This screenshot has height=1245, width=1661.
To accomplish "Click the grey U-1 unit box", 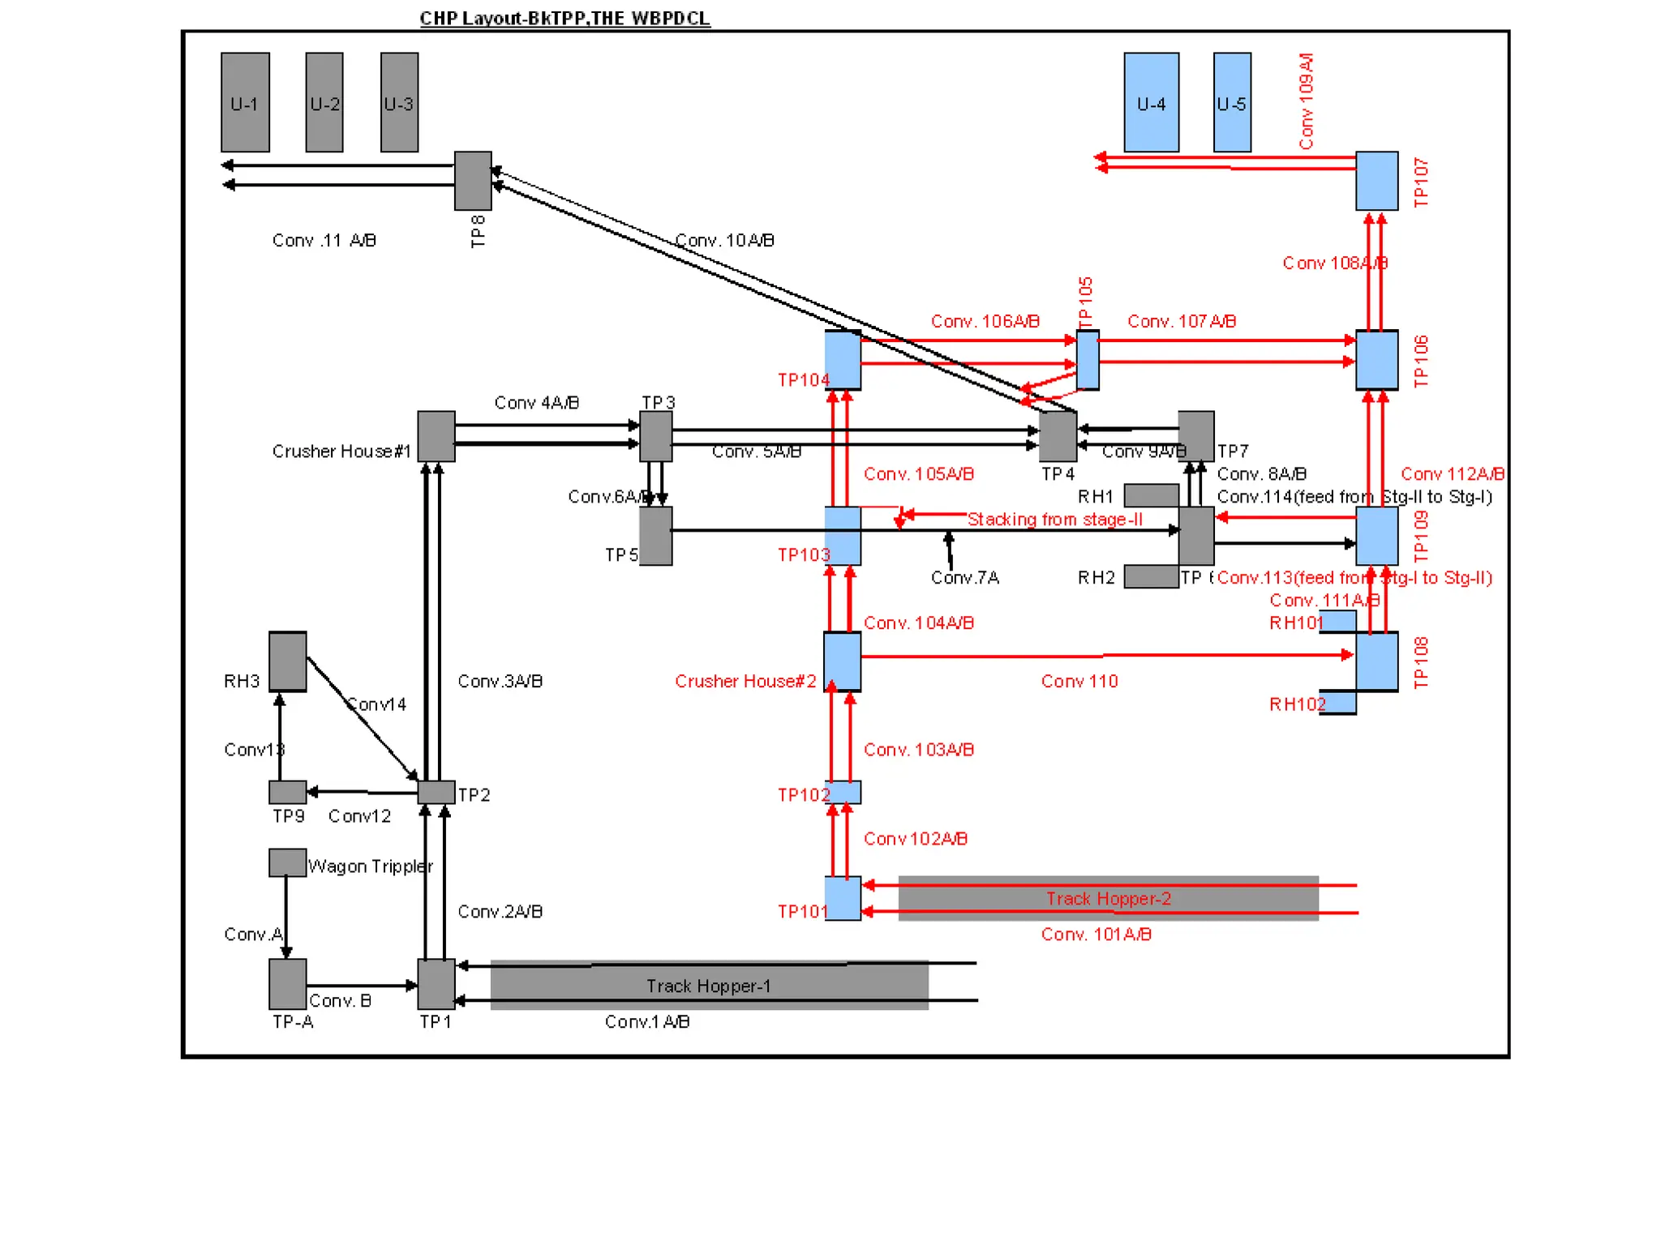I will coord(245,102).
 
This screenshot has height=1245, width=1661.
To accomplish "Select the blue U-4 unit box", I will coord(1151,102).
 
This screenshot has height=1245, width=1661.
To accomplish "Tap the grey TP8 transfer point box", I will coord(473,180).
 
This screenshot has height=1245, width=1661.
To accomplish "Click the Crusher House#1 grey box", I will coord(436,436).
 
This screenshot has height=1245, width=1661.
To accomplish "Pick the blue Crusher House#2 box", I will coord(842,661).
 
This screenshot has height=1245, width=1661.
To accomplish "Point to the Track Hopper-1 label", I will coord(708,986).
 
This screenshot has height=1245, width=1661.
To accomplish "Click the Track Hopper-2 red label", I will coord(1108,898).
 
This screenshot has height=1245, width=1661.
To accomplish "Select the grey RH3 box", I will coord(288,661).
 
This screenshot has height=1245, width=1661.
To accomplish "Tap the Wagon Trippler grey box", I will coord(287,862).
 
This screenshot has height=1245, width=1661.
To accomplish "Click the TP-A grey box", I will coord(287,983).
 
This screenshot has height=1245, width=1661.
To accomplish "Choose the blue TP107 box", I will coord(1376,180).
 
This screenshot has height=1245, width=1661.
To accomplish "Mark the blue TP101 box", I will coord(843,898).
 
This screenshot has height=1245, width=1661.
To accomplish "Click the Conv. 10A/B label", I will coord(724,241).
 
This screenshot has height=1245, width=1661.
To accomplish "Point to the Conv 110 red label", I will coord(1079,681).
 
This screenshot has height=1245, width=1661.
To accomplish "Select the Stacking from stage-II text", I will coord(1054,519).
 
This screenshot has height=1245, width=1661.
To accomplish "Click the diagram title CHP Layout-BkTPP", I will coord(564,18).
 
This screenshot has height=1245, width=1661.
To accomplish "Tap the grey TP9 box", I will coord(287,791).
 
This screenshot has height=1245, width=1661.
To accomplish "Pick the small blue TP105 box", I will coord(1088,359).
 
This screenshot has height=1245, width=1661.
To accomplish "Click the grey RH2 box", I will coord(1151,576).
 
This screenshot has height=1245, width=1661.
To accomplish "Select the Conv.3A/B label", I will coord(500,681).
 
